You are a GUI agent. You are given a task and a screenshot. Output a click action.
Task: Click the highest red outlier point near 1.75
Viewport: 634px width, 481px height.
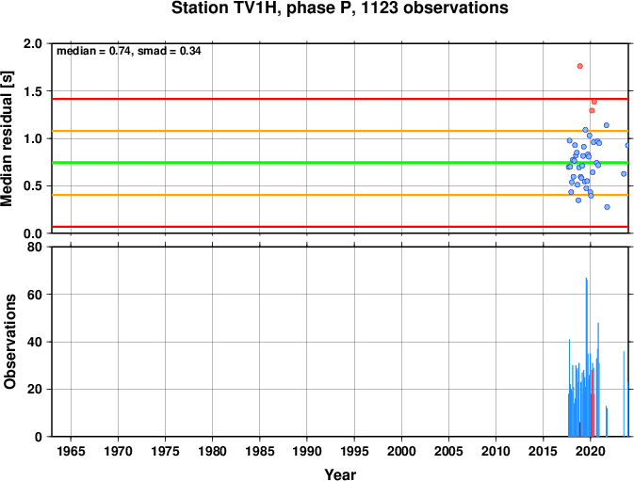tap(579, 66)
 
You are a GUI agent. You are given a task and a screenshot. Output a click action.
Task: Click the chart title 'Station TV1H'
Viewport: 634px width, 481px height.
tap(225, 8)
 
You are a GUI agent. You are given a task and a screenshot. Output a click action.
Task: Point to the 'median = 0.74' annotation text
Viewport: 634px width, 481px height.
tap(93, 51)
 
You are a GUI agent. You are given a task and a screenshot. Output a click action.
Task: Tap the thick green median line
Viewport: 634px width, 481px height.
tap(340, 163)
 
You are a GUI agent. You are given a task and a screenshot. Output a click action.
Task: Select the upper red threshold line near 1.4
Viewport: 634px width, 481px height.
tap(340, 99)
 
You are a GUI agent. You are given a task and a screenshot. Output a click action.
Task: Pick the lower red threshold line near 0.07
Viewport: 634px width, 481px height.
tap(340, 227)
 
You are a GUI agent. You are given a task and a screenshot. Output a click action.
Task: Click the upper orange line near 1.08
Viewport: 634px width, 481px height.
tap(340, 131)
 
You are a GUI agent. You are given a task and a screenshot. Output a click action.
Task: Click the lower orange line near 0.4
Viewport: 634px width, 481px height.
tap(340, 195)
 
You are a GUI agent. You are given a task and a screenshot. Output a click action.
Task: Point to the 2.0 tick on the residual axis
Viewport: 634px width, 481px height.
tap(33, 43)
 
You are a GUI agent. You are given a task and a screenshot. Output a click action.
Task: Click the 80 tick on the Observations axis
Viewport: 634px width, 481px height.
tap(35, 247)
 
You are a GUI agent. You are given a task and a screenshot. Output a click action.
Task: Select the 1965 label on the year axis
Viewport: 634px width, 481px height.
tap(71, 451)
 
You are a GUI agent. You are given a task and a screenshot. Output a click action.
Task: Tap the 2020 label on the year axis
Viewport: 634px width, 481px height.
tap(590, 451)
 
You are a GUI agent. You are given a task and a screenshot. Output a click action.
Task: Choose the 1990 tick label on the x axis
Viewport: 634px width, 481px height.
tap(307, 451)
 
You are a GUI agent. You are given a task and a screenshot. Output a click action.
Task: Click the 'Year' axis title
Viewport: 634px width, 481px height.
tap(340, 474)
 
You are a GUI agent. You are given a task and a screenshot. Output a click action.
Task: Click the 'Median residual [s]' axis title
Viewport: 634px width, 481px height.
tap(8, 138)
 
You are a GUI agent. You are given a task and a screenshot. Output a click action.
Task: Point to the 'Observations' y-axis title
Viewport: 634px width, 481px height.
tap(8, 342)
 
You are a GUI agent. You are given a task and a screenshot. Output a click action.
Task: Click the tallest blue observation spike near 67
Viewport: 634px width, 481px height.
tap(586, 357)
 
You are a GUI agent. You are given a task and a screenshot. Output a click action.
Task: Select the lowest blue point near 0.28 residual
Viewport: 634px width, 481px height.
tap(607, 207)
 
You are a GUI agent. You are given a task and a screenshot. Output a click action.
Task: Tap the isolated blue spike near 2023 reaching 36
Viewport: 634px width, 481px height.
tap(624, 393)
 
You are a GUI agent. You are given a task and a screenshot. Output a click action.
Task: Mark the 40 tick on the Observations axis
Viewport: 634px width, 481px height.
tap(35, 342)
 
